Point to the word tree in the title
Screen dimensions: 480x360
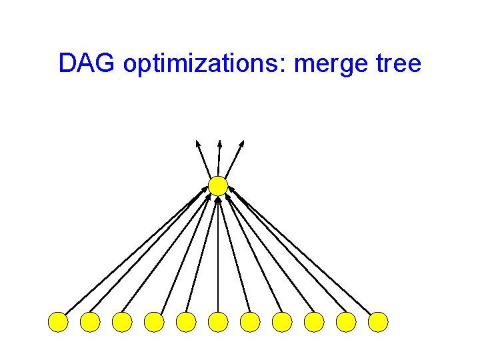pos(399,64)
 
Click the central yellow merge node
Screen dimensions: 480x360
pos(218,186)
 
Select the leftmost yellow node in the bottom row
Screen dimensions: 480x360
pos(58,322)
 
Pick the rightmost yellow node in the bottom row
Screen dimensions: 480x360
pos(378,322)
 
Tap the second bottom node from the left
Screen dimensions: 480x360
pos(90,322)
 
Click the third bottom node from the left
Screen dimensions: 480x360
pos(122,322)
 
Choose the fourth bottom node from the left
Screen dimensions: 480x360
pos(154,322)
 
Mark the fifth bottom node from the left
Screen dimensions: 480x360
pos(186,322)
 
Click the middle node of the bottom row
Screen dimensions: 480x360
pos(218,322)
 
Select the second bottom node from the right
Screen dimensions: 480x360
pos(346,322)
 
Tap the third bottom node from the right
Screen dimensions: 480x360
pos(314,322)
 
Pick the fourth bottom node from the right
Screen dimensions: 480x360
pos(282,322)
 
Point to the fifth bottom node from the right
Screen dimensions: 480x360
pos(250,322)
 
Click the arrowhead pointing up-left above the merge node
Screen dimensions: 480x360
pos(197,143)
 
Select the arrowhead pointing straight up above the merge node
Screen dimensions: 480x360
pos(219,143)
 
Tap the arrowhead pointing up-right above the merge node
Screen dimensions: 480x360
pos(242,143)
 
